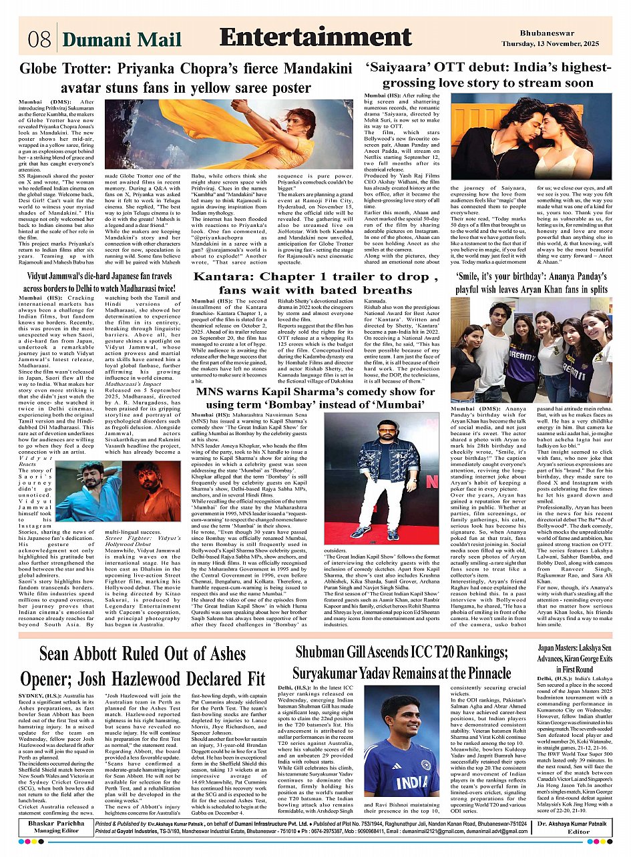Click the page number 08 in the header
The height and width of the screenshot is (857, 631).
click(x=39, y=39)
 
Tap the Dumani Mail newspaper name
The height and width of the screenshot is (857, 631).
click(x=121, y=40)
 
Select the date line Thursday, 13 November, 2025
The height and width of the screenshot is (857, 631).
click(x=566, y=43)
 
